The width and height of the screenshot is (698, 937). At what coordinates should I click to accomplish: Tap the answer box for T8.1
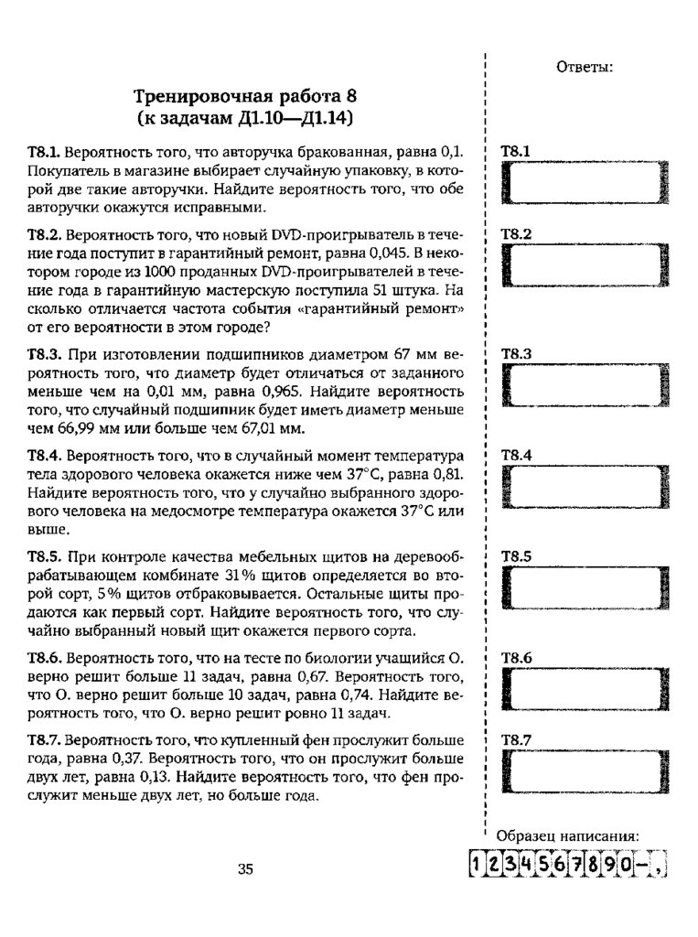586,183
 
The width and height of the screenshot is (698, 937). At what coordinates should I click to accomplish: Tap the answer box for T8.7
586,771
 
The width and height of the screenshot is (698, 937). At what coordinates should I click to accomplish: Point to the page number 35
245,869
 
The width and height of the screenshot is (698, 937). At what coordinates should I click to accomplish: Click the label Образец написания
566,835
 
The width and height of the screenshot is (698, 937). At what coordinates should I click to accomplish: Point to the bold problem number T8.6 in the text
44,658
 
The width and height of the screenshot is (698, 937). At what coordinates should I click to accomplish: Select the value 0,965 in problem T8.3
267,388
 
